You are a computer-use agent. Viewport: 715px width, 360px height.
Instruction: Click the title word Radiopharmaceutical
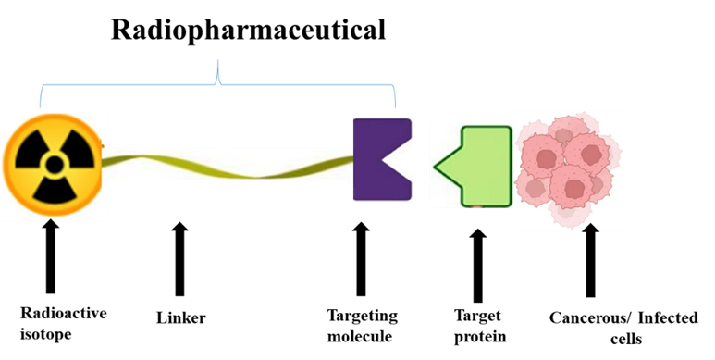click(x=247, y=31)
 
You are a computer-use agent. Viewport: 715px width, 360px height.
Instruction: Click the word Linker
click(x=179, y=318)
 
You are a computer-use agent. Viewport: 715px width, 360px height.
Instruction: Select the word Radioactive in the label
click(x=62, y=313)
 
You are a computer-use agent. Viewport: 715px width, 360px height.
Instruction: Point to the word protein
click(x=480, y=337)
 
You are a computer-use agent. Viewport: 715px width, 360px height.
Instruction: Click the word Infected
click(x=660, y=318)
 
